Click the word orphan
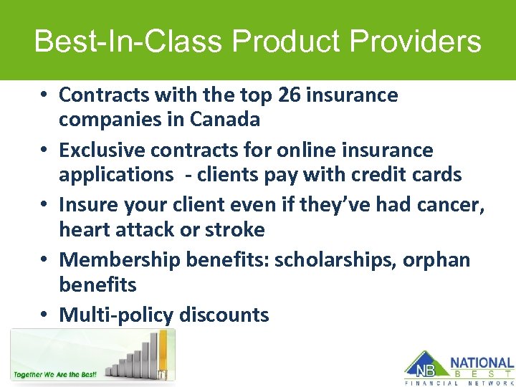(x=436, y=260)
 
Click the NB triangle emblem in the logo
(x=422, y=365)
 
